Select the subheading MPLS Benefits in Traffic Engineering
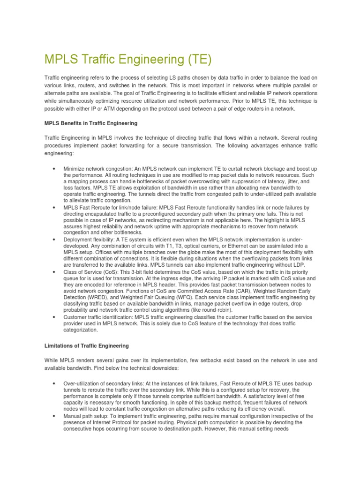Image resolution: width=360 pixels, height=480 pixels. click(x=90, y=123)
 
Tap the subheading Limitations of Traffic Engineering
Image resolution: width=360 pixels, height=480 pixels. click(x=86, y=345)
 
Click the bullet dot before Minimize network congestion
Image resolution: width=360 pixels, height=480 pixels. click(x=55, y=169)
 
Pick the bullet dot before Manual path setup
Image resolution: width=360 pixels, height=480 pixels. click(x=55, y=416)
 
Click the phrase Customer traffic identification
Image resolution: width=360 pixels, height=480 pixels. click(x=98, y=317)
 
